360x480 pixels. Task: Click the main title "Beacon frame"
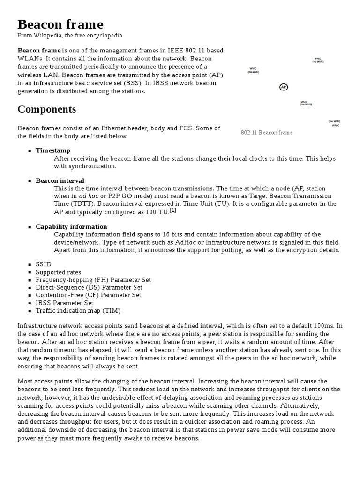[60, 24]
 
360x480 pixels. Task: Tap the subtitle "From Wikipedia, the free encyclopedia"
[70, 36]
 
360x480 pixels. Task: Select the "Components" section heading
[46, 109]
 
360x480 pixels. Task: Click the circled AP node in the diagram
[283, 87]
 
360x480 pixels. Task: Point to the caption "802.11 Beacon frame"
[266, 133]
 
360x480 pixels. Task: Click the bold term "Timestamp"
[53, 150]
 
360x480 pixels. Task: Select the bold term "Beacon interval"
[60, 180]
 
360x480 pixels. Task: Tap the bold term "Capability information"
[71, 226]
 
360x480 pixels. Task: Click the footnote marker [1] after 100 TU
[173, 210]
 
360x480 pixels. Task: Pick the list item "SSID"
[44, 264]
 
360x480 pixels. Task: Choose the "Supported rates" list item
[58, 272]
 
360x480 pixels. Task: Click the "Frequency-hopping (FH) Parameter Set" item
[93, 280]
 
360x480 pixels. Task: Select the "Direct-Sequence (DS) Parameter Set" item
[89, 287]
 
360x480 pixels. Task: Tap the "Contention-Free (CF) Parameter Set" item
[88, 295]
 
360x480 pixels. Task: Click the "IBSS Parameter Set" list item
[64, 303]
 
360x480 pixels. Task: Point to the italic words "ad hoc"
[89, 196]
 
